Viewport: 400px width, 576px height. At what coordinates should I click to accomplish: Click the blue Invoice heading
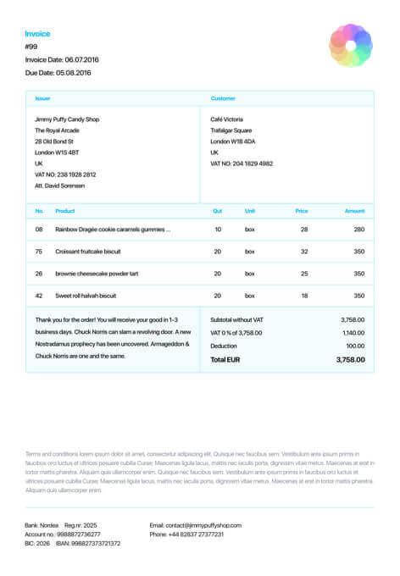tap(37, 34)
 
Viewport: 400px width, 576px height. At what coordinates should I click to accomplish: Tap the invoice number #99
tap(31, 47)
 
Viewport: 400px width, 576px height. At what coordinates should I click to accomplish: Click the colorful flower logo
tap(350, 46)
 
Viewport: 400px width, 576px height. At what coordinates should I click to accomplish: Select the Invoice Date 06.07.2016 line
tap(62, 59)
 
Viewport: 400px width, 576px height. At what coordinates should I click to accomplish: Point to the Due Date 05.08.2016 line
tap(58, 73)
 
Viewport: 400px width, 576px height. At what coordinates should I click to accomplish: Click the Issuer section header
tap(42, 98)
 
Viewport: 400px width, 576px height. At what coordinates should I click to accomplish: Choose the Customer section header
tap(223, 98)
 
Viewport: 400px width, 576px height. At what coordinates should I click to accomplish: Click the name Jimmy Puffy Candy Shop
tap(67, 119)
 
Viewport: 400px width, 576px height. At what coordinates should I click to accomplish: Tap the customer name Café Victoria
tap(226, 119)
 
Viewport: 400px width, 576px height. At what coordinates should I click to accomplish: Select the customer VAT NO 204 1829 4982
tap(242, 163)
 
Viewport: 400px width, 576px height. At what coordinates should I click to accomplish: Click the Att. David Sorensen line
tap(59, 186)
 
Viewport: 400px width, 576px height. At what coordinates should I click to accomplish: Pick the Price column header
tap(301, 211)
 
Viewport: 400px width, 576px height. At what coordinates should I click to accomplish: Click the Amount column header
tap(354, 211)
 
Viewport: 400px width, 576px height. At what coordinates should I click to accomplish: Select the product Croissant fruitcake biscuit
tap(88, 252)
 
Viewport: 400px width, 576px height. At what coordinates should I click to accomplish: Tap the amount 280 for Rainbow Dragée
tap(358, 230)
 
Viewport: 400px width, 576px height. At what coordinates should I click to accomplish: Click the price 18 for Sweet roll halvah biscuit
tap(304, 296)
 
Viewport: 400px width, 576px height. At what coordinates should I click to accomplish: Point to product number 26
tap(39, 274)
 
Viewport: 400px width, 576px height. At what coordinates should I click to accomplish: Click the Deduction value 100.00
tap(354, 346)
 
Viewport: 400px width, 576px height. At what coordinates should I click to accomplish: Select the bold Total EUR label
tap(225, 360)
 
